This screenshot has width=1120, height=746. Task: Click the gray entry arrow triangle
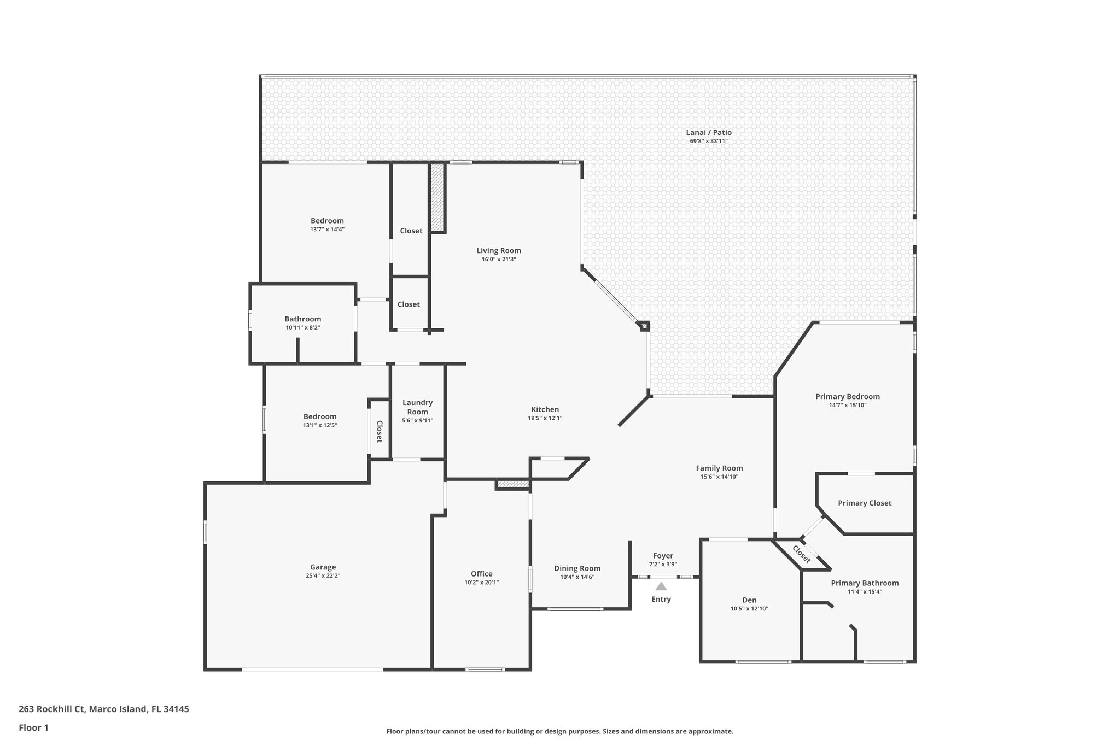[661, 586]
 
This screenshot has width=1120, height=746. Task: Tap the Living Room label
[499, 251]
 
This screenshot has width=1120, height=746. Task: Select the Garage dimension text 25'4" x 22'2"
[323, 575]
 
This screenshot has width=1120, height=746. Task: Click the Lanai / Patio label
[709, 132]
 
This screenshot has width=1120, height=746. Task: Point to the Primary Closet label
[865, 503]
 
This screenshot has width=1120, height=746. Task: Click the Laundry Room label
[417, 407]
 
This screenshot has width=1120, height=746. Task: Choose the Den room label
[749, 600]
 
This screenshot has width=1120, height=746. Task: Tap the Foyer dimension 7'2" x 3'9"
[663, 565]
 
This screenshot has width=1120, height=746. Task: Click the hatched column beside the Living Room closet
[436, 197]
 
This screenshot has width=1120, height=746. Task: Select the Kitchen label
[545, 409]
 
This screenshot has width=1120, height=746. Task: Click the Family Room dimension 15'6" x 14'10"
[719, 477]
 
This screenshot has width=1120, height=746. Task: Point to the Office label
[481, 574]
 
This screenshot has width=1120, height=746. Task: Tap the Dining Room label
[577, 568]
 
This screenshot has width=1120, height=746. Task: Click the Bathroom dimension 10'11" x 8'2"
[302, 328]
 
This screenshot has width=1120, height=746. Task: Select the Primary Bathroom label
[865, 583]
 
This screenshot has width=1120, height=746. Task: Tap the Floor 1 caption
[33, 727]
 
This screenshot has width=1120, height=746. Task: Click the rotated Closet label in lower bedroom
[379, 431]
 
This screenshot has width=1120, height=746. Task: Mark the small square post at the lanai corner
[644, 326]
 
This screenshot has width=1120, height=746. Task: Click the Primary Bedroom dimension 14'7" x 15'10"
[848, 405]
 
